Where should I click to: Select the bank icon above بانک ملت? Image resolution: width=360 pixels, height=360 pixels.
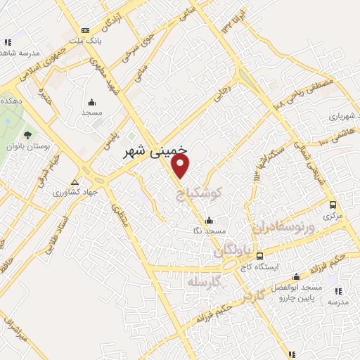86,30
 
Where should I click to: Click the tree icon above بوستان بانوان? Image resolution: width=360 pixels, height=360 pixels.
27,134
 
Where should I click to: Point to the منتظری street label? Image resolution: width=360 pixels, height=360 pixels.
118,213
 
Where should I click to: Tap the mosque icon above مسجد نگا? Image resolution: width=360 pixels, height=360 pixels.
208,220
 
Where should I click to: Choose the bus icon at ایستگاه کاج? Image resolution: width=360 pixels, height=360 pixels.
260,256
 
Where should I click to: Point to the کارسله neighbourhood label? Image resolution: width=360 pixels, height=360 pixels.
205,283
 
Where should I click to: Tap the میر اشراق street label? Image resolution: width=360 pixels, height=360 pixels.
15,330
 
